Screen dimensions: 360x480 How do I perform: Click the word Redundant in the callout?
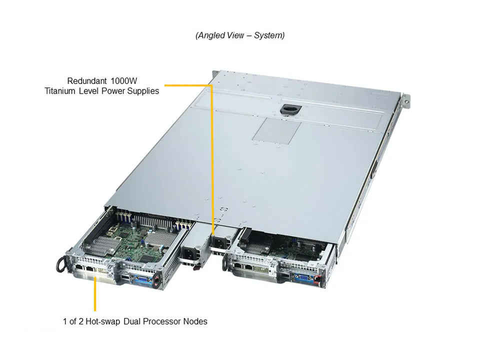[x=87, y=80]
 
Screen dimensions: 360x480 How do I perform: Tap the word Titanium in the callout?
[x=60, y=91]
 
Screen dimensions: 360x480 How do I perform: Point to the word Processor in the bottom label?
[x=165, y=321]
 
